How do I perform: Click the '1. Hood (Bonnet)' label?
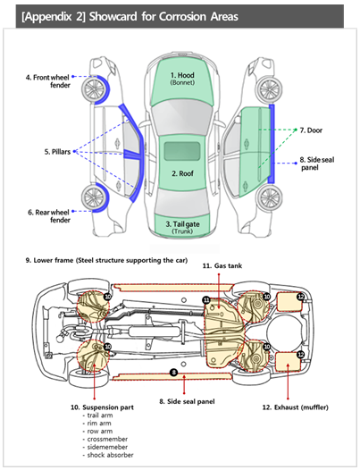click(x=182, y=79)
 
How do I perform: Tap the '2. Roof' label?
click(x=182, y=173)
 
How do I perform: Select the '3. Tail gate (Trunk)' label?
click(x=182, y=228)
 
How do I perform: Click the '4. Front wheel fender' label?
click(x=48, y=81)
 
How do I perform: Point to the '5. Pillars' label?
click(x=57, y=152)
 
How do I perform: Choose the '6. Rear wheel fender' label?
click(x=49, y=216)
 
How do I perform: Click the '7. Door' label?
click(x=311, y=130)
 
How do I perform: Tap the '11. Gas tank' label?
click(x=222, y=266)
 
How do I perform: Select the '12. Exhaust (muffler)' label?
click(x=296, y=407)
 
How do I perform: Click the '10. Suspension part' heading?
click(x=102, y=407)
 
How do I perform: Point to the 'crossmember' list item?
click(x=107, y=439)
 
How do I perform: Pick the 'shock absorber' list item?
click(x=110, y=455)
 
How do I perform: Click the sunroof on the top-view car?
click(x=182, y=151)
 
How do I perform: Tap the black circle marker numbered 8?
click(x=173, y=373)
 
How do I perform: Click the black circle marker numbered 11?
click(x=206, y=300)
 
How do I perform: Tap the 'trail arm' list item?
click(x=100, y=415)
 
